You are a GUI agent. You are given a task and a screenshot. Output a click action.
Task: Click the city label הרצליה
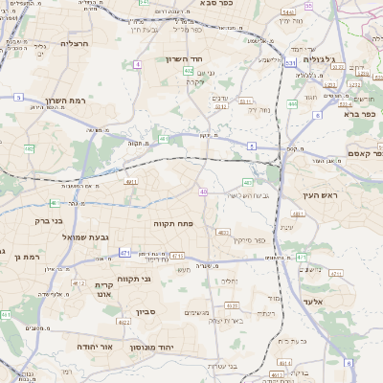coord(74,43)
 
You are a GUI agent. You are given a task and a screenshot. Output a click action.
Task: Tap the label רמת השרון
coord(65,101)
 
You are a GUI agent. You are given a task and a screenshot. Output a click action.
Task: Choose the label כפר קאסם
coord(365,153)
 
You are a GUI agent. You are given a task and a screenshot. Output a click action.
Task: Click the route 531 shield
coord(289,89)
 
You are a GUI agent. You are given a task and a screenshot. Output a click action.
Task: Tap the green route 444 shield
coord(292,102)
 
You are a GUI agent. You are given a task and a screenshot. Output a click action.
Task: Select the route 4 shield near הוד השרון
coord(138,63)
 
